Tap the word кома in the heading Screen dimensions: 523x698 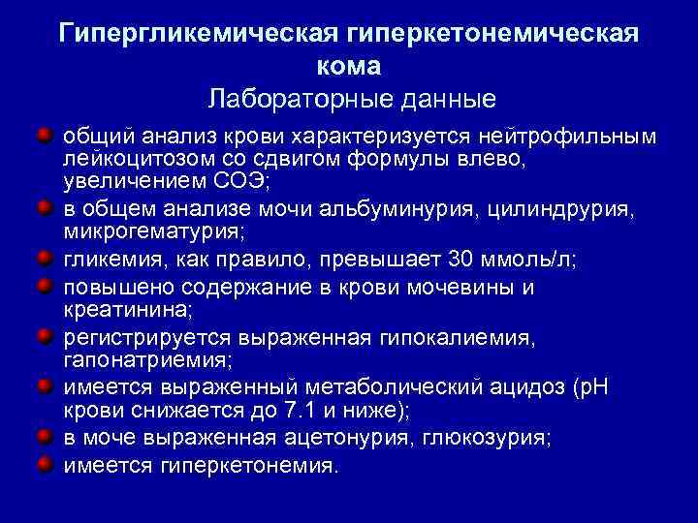coord(349,66)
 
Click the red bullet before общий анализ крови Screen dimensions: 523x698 coord(45,131)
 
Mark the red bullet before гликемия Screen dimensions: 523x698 coord(45,260)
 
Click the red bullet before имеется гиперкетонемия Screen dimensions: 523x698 coord(45,464)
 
